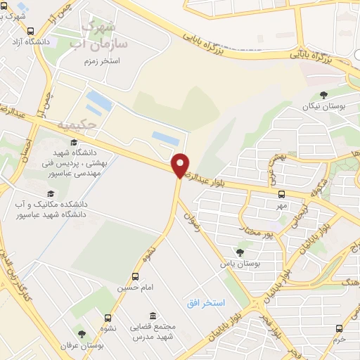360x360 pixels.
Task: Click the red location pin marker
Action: (181, 165)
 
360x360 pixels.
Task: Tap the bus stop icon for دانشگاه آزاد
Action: (30, 31)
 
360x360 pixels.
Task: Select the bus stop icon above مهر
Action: (281, 194)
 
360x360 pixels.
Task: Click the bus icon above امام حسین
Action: (135, 277)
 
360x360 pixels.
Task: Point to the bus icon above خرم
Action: (339, 328)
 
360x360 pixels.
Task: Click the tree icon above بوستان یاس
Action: (240, 252)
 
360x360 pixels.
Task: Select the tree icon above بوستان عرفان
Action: (82, 334)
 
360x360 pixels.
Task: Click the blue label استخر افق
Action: (205, 303)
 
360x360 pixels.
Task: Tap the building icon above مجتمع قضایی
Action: (152, 317)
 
